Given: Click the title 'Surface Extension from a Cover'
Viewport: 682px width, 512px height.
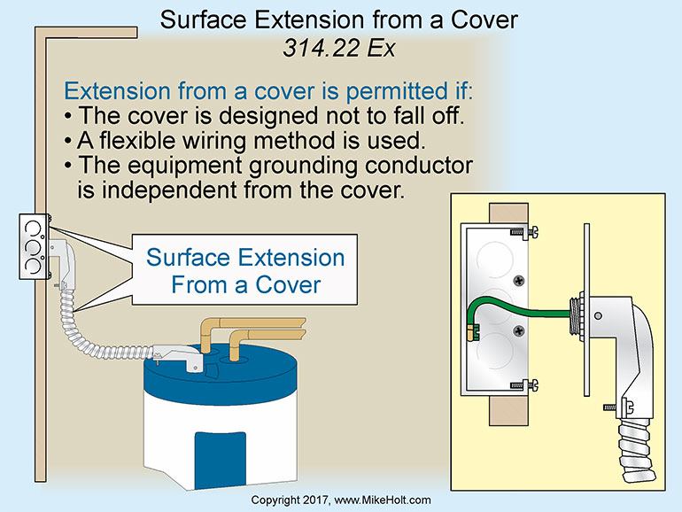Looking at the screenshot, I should pyautogui.click(x=340, y=19).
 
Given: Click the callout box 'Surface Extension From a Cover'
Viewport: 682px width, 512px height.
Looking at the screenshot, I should pyautogui.click(x=245, y=271).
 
